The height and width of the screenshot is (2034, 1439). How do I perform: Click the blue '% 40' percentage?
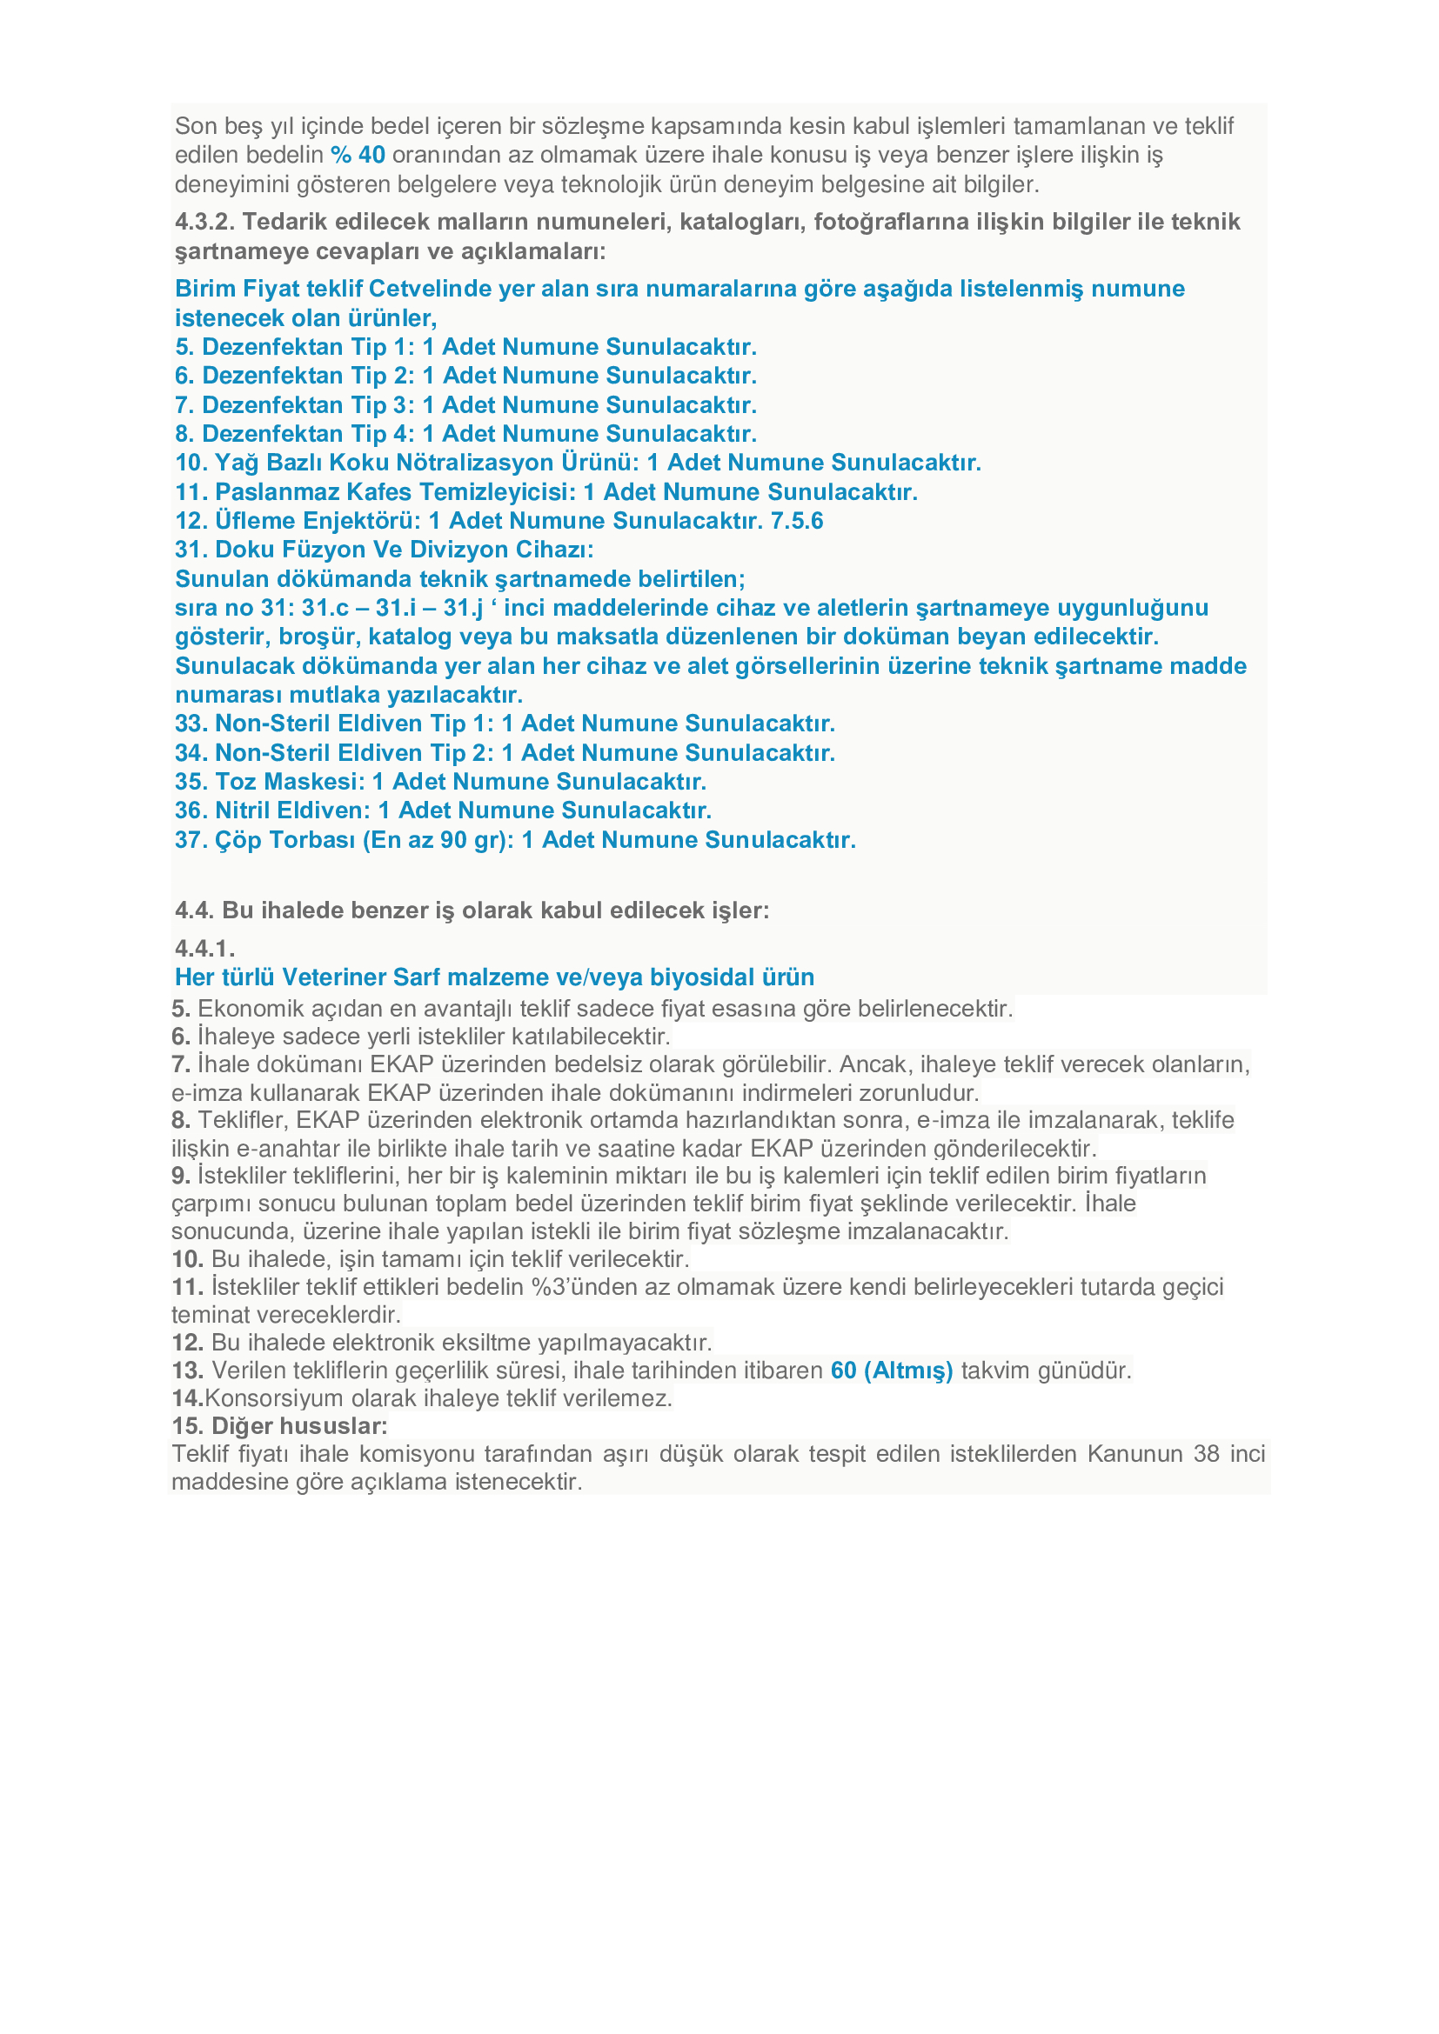(x=358, y=155)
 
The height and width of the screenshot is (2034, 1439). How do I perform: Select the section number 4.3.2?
(x=204, y=222)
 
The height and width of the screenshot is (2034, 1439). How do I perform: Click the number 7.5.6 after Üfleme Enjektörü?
(x=797, y=521)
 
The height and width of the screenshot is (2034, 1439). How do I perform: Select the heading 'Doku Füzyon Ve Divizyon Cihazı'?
(x=403, y=550)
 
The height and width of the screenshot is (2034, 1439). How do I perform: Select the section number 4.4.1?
(x=204, y=949)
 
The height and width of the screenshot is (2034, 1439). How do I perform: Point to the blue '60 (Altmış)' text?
(x=892, y=1370)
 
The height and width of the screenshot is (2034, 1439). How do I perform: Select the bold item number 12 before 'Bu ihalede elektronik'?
(x=188, y=1343)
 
